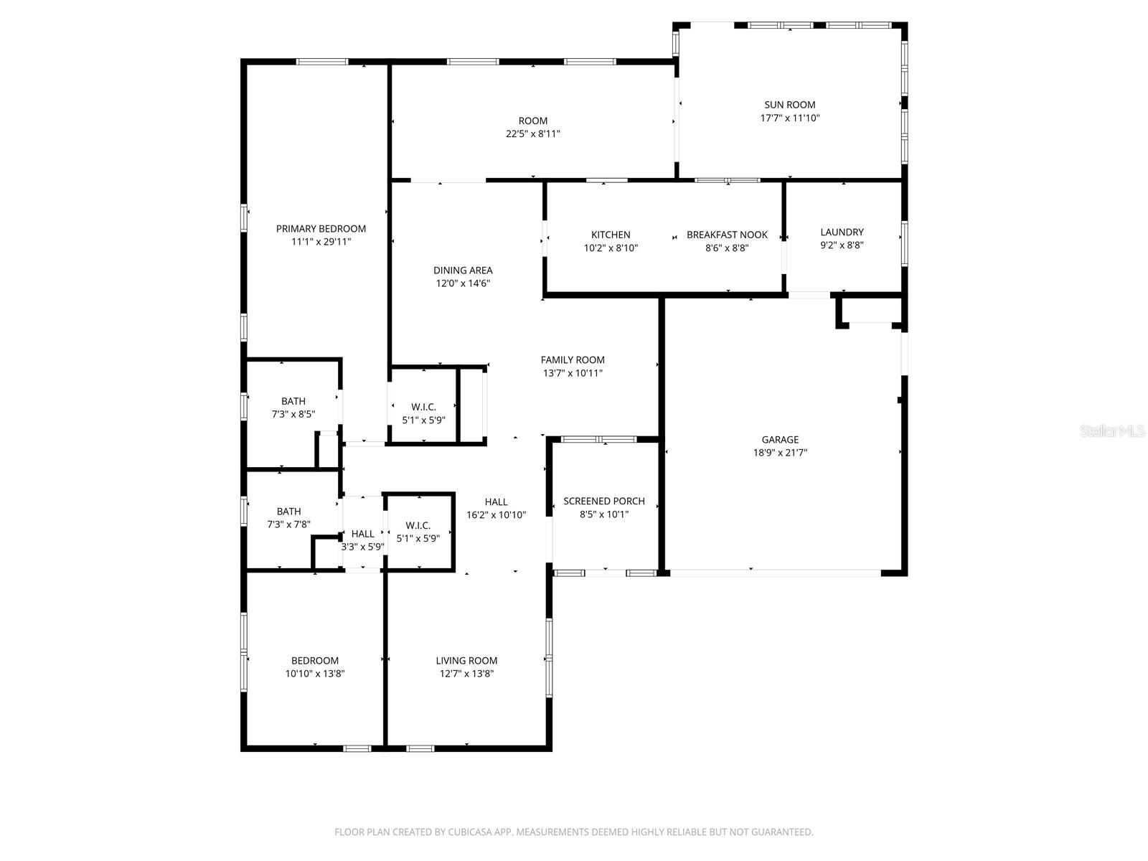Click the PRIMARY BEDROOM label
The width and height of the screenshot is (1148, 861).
321,228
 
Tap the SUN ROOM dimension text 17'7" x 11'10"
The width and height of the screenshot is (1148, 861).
789,118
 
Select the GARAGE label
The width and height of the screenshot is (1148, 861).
780,440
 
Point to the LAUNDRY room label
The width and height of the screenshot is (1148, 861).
842,232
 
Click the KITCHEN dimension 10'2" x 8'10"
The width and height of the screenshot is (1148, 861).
611,248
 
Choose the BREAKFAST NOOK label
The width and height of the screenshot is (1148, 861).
727,235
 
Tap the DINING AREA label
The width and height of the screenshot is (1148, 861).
463,270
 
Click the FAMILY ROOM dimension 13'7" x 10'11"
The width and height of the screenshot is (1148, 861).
573,372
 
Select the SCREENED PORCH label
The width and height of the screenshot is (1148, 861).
604,501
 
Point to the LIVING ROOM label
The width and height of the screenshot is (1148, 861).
466,660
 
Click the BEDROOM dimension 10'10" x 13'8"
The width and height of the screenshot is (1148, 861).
315,673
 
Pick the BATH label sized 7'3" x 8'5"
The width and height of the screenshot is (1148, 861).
293,401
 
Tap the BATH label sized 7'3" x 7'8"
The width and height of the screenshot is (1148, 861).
288,512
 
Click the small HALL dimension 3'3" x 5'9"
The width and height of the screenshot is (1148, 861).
363,547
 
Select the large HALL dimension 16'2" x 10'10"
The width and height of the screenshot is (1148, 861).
496,515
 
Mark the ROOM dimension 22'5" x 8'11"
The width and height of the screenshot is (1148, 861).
533,134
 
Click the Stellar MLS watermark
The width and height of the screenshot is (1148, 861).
1112,430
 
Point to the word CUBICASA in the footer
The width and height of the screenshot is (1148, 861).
470,832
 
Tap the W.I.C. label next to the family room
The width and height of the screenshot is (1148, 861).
423,407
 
